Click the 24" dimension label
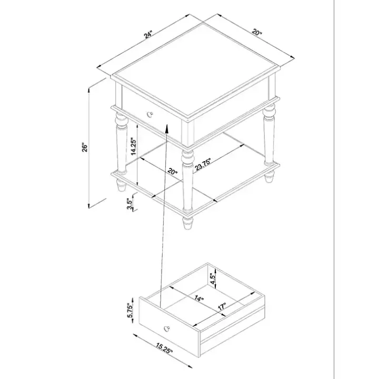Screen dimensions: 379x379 click(x=149, y=35)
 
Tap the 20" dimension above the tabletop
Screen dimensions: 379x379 click(x=256, y=32)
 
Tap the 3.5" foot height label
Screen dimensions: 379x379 click(x=130, y=203)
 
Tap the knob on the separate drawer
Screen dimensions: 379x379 click(x=168, y=328)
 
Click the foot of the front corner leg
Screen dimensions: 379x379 click(x=187, y=223)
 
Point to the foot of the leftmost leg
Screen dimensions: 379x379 click(x=121, y=187)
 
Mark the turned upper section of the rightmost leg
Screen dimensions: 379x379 click(x=269, y=114)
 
